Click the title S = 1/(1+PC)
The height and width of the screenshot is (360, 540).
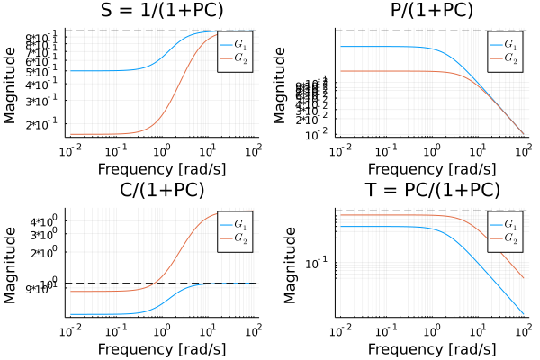(163, 11)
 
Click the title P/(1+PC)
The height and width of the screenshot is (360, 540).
(432, 11)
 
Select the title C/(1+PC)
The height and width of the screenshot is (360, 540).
(163, 190)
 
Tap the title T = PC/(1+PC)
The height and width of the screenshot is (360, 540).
(432, 190)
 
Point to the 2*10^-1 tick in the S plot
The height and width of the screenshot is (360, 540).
(45, 125)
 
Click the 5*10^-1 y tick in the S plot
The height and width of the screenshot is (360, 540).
(45, 71)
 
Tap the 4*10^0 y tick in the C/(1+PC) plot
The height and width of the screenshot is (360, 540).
(45, 221)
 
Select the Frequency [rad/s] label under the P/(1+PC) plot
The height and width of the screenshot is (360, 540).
(432, 168)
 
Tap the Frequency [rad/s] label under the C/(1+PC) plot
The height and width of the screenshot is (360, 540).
(163, 348)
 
